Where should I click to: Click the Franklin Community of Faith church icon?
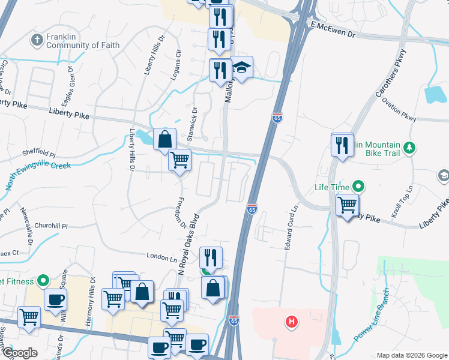[x=36, y=40]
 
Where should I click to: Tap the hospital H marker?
[x=291, y=322]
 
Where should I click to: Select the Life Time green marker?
[x=358, y=187]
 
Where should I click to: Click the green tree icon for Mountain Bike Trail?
[x=409, y=147]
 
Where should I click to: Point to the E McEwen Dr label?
[x=333, y=30]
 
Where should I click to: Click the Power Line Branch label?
[x=373, y=324]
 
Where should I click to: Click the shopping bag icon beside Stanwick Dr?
[x=164, y=139]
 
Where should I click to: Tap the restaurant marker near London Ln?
[x=211, y=258]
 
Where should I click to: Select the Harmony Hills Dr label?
[x=92, y=293]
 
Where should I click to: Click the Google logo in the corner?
[x=20, y=353]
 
